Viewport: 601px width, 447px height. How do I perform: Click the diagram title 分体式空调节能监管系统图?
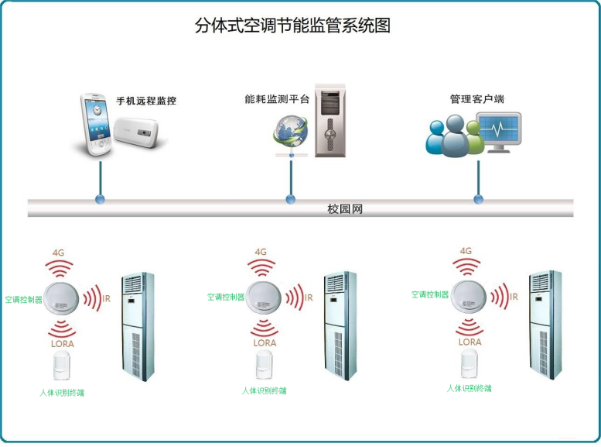[292, 25]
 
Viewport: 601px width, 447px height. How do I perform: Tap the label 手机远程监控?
[146, 101]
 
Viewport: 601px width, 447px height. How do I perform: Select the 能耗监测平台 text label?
[277, 98]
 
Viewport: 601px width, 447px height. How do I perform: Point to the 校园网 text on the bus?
[345, 209]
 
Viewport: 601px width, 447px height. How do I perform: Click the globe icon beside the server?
[289, 131]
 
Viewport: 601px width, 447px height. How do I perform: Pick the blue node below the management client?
[478, 199]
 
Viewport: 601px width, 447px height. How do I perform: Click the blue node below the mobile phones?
[100, 200]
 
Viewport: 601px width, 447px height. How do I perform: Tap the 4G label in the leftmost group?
[60, 253]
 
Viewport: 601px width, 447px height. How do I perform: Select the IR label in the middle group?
[309, 297]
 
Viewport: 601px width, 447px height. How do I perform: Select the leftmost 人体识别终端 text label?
[62, 392]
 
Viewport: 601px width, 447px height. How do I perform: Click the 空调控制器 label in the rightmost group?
[430, 295]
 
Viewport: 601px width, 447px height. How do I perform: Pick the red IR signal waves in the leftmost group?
[91, 297]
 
